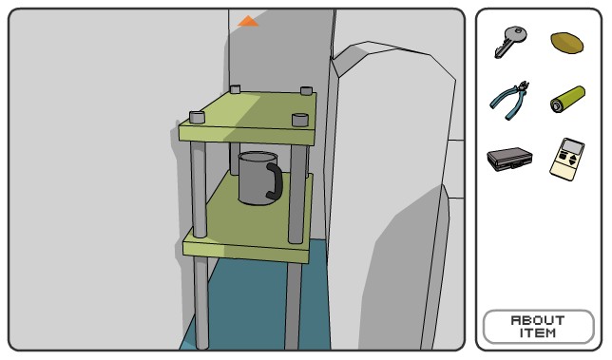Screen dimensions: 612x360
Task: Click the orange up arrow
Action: [x=248, y=21]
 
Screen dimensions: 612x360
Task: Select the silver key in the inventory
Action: [x=510, y=42]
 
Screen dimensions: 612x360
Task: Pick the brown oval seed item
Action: [x=566, y=42]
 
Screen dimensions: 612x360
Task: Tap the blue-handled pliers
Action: [x=509, y=101]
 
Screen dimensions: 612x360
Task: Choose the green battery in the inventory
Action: [x=567, y=100]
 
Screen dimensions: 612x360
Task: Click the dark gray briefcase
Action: [x=509, y=159]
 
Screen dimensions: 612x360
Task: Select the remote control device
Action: [x=567, y=159]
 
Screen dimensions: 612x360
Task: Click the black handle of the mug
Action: [x=275, y=181]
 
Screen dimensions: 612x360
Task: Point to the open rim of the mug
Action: [x=258, y=157]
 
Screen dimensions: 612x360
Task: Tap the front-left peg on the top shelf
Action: [x=197, y=117]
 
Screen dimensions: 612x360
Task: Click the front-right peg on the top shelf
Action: [x=300, y=120]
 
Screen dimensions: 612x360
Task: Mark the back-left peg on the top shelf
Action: [x=235, y=89]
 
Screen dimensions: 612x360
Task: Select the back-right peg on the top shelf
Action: [x=306, y=91]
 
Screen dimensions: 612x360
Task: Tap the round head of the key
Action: [x=516, y=34]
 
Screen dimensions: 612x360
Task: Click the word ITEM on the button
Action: [x=538, y=333]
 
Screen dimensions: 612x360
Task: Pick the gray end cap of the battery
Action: [x=556, y=105]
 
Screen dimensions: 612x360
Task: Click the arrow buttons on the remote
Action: [x=573, y=160]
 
